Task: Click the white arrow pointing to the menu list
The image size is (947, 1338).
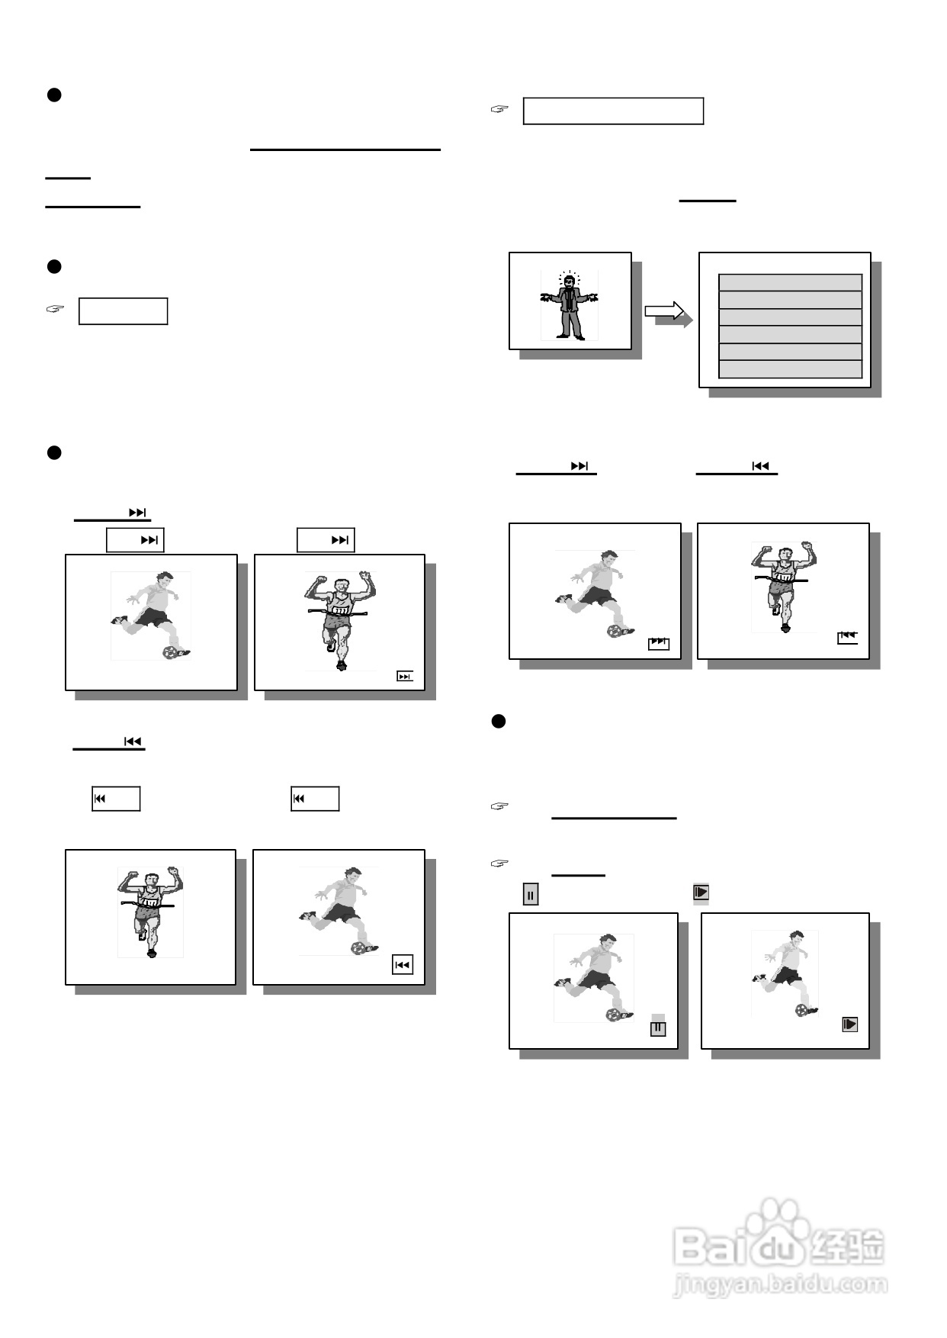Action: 665,310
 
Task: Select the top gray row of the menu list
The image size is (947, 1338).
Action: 790,282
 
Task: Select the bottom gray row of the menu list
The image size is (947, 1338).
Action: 790,369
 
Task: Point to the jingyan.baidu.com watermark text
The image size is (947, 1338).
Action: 780,1285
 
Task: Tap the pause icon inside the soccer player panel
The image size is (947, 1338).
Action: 658,1028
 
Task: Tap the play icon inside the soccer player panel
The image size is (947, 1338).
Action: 850,1024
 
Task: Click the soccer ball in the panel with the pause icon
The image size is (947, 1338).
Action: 613,1015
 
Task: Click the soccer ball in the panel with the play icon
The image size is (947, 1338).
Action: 801,1010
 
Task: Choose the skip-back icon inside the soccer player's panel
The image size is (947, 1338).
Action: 403,965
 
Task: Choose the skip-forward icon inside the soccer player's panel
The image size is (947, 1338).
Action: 659,643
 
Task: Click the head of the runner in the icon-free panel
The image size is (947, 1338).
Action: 150,880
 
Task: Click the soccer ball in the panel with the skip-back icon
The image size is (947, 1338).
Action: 358,947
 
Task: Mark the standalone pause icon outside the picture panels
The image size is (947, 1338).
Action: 531,894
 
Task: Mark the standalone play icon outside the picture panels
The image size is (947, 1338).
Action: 701,893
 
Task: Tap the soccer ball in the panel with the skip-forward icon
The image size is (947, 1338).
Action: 615,631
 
